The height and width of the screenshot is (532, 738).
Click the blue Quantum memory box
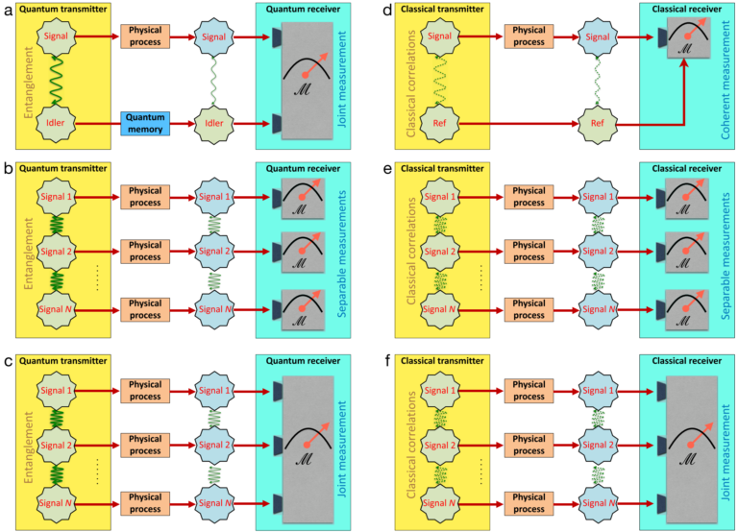pyautogui.click(x=145, y=124)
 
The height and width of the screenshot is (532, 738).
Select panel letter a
pyautogui.click(x=8, y=11)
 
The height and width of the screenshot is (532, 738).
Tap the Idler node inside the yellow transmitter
pyautogui.click(x=56, y=123)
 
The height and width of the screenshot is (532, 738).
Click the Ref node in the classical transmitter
pyautogui.click(x=439, y=123)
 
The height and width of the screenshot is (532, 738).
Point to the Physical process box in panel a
pyautogui.click(x=145, y=36)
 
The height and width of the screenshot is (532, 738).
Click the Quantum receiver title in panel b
pyautogui.click(x=303, y=168)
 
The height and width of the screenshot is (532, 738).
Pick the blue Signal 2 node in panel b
pyautogui.click(x=214, y=252)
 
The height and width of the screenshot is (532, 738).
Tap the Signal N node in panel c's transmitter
pyautogui.click(x=56, y=503)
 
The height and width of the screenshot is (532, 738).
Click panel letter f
pyautogui.click(x=387, y=361)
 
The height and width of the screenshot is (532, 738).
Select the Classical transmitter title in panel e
pyautogui.click(x=442, y=168)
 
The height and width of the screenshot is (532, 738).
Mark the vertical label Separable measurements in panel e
pyautogui.click(x=726, y=256)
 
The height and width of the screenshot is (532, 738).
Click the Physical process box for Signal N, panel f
pyautogui.click(x=529, y=503)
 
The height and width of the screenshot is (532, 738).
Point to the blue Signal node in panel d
pyautogui.click(x=598, y=36)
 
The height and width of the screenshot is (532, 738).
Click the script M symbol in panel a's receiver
pyautogui.click(x=302, y=89)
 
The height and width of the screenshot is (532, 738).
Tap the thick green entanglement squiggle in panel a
pyautogui.click(x=56, y=80)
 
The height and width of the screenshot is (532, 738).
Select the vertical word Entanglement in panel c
pyautogui.click(x=29, y=447)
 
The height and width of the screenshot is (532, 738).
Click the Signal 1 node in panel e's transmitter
pyautogui.click(x=439, y=197)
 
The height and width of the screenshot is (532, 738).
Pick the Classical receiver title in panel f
pyautogui.click(x=687, y=361)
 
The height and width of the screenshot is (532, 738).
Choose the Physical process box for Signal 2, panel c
pyautogui.click(x=145, y=445)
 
